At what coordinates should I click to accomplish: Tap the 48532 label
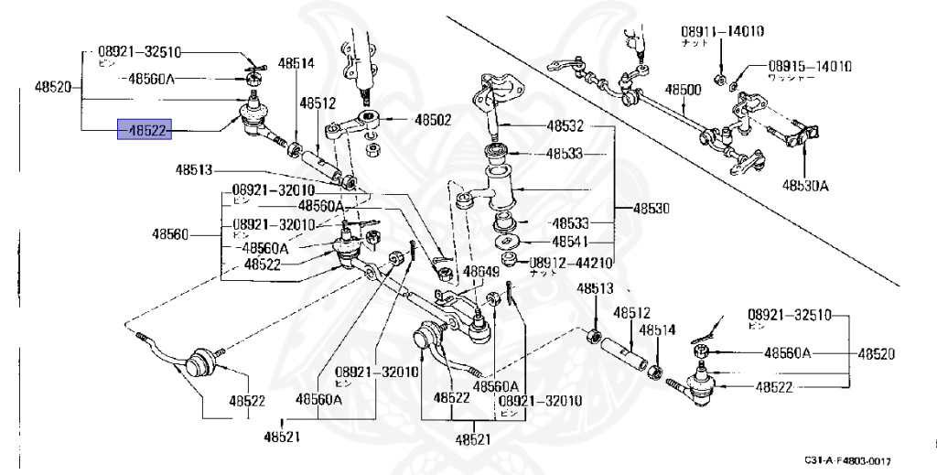click(565, 126)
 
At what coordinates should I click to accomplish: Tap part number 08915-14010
click(809, 66)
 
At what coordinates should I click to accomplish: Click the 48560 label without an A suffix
click(169, 234)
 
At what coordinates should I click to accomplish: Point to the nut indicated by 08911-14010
click(720, 75)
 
